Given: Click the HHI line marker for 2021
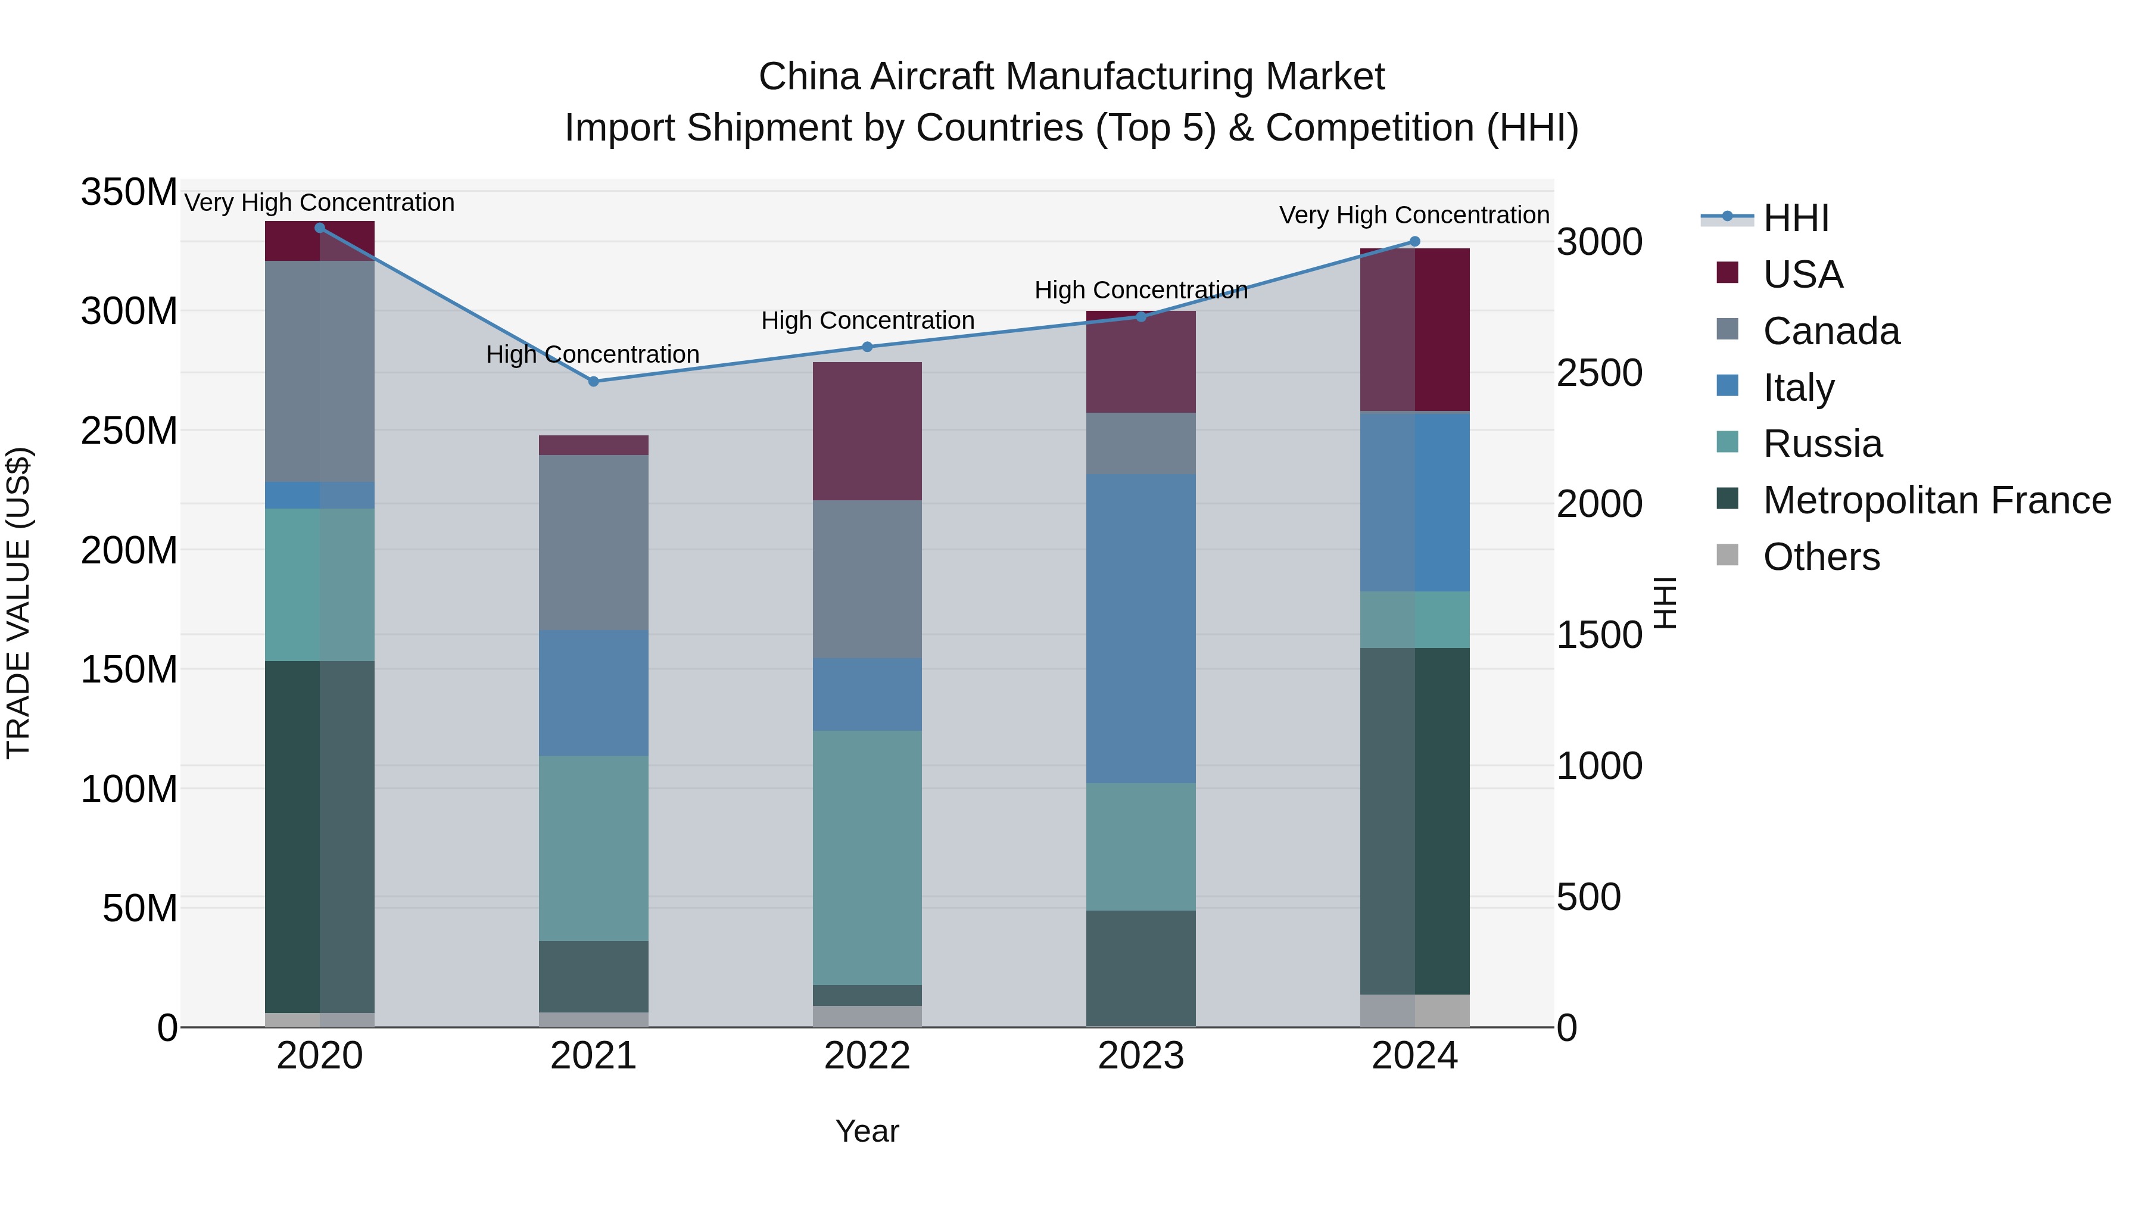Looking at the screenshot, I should pyautogui.click(x=593, y=382).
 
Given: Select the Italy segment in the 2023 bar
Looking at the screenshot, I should pyautogui.click(x=1140, y=628).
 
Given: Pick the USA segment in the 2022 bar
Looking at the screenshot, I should pyautogui.click(x=867, y=431).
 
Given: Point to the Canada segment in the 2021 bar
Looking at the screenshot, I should pyautogui.click(x=593, y=542).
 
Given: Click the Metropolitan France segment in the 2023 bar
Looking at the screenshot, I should pyautogui.click(x=1140, y=968).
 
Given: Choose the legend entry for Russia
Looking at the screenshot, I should pyautogui.click(x=1822, y=444).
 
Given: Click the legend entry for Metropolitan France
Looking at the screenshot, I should pyautogui.click(x=1936, y=500).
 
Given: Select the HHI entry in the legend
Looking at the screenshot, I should pyautogui.click(x=1795, y=218).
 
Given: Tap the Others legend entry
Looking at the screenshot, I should pyautogui.click(x=1821, y=557).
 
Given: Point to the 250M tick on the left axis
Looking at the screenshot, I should pyautogui.click(x=129, y=431).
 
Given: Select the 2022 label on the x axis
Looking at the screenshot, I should pyautogui.click(x=867, y=1056).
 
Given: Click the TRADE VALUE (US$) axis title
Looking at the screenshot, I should pyautogui.click(x=18, y=603).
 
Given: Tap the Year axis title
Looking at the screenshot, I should pyautogui.click(x=867, y=1131).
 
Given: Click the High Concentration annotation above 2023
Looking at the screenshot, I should pyautogui.click(x=1140, y=291).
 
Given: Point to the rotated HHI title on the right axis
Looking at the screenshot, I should pyautogui.click(x=1665, y=603).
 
